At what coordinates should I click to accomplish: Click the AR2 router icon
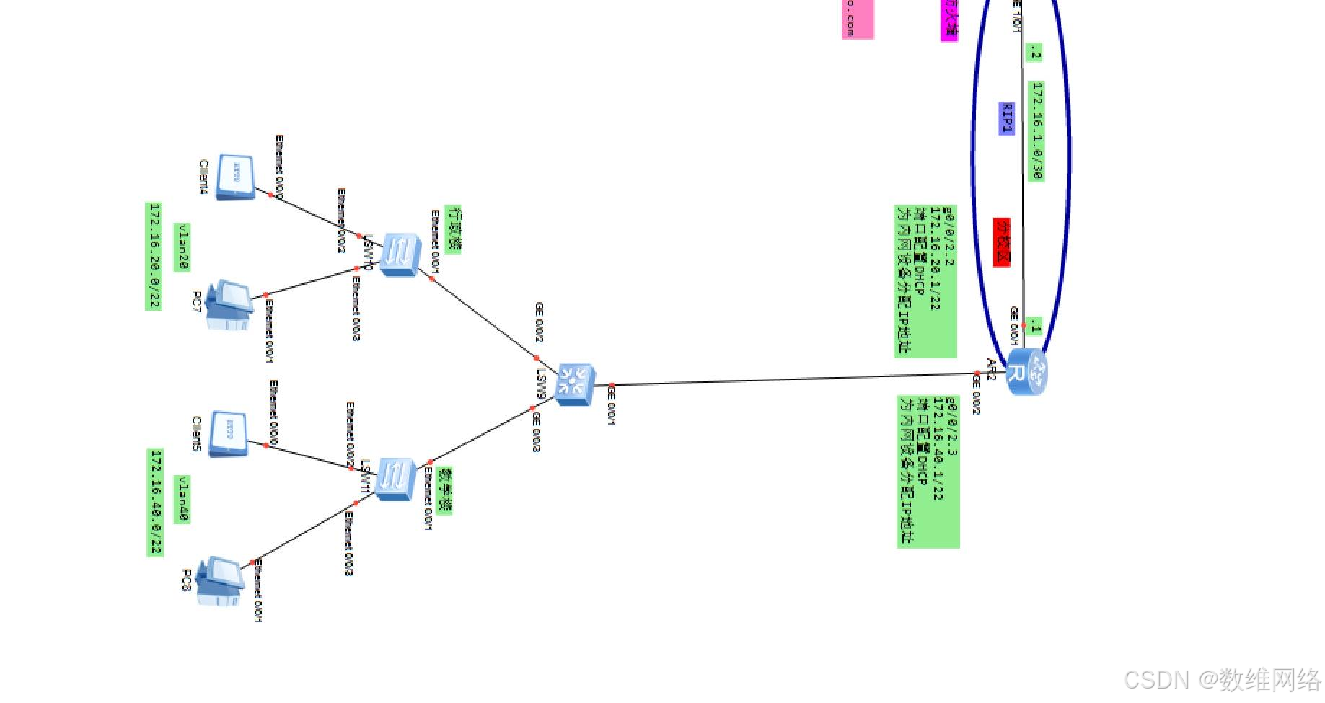coord(1026,371)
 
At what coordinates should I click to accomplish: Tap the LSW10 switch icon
coord(400,254)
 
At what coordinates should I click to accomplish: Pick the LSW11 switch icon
coord(396,479)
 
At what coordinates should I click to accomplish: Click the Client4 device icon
coord(236,175)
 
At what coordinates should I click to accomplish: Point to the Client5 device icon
coord(229,433)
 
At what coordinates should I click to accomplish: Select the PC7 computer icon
coord(229,304)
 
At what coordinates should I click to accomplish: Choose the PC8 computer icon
coord(221,580)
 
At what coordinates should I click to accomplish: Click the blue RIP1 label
coord(1006,118)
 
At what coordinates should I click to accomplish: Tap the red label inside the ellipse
coord(1002,242)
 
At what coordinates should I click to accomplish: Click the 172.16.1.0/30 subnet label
coord(1036,131)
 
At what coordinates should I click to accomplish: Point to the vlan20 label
coord(182,247)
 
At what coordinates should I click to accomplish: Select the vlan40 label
coord(182,499)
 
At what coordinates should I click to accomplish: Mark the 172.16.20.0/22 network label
coord(154,257)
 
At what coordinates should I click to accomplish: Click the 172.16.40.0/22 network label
coord(155,503)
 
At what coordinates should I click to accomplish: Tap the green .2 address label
coord(1034,52)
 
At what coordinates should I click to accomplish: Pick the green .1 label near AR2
coord(1035,326)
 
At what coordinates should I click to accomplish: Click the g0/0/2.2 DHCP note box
coord(925,281)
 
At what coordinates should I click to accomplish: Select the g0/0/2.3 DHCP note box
coord(928,471)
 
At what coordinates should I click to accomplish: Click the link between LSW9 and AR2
coord(793,379)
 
